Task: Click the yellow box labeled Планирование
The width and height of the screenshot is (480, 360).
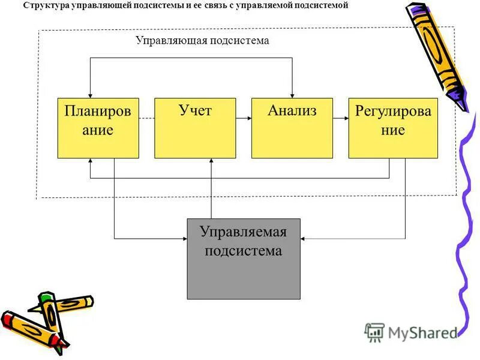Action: point(98,128)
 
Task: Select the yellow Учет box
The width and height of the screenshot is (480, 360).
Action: point(195,128)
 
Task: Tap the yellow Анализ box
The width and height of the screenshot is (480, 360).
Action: point(292,128)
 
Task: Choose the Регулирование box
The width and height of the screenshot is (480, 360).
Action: point(392,128)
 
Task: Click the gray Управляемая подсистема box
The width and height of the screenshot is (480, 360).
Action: point(243,259)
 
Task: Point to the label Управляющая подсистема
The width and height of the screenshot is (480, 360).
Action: point(202,41)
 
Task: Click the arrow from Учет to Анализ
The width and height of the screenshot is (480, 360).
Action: point(244,119)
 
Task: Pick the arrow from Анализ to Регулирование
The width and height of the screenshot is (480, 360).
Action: point(341,119)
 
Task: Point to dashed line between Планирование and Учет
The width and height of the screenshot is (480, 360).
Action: point(146,119)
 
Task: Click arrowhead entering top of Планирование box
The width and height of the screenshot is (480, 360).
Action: point(90,94)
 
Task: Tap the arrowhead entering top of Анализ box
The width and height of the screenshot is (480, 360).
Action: point(292,94)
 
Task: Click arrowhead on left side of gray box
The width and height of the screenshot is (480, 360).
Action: point(184,239)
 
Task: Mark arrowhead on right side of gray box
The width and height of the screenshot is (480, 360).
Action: point(304,239)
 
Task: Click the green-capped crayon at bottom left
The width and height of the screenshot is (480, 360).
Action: point(51,312)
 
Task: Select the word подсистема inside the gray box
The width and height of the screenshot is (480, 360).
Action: point(243,251)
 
